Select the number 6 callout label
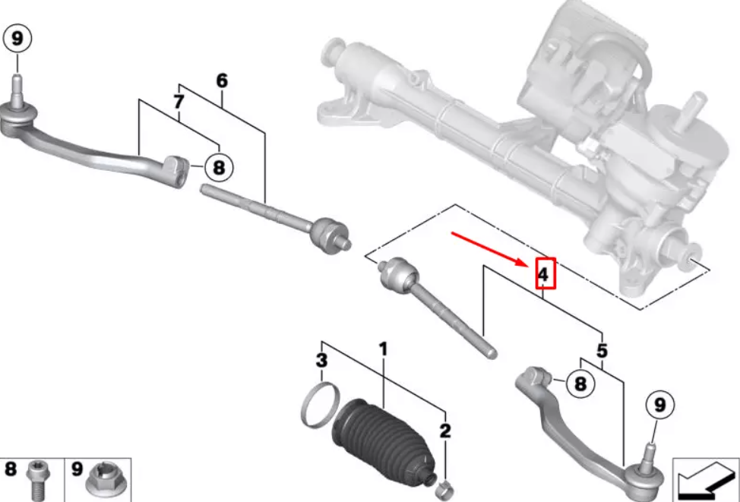[x=222, y=81]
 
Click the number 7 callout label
[x=179, y=102]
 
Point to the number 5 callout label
[x=602, y=351]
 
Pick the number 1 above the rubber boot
[x=383, y=349]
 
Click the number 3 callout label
[x=321, y=361]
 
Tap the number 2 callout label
[x=445, y=431]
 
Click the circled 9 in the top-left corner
[x=17, y=39]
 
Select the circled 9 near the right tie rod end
[x=659, y=404]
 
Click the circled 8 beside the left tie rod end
[x=219, y=167]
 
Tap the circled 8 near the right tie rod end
[x=580, y=383]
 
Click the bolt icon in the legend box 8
[x=36, y=480]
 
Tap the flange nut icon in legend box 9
[x=104, y=479]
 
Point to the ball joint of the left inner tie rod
[x=330, y=235]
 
